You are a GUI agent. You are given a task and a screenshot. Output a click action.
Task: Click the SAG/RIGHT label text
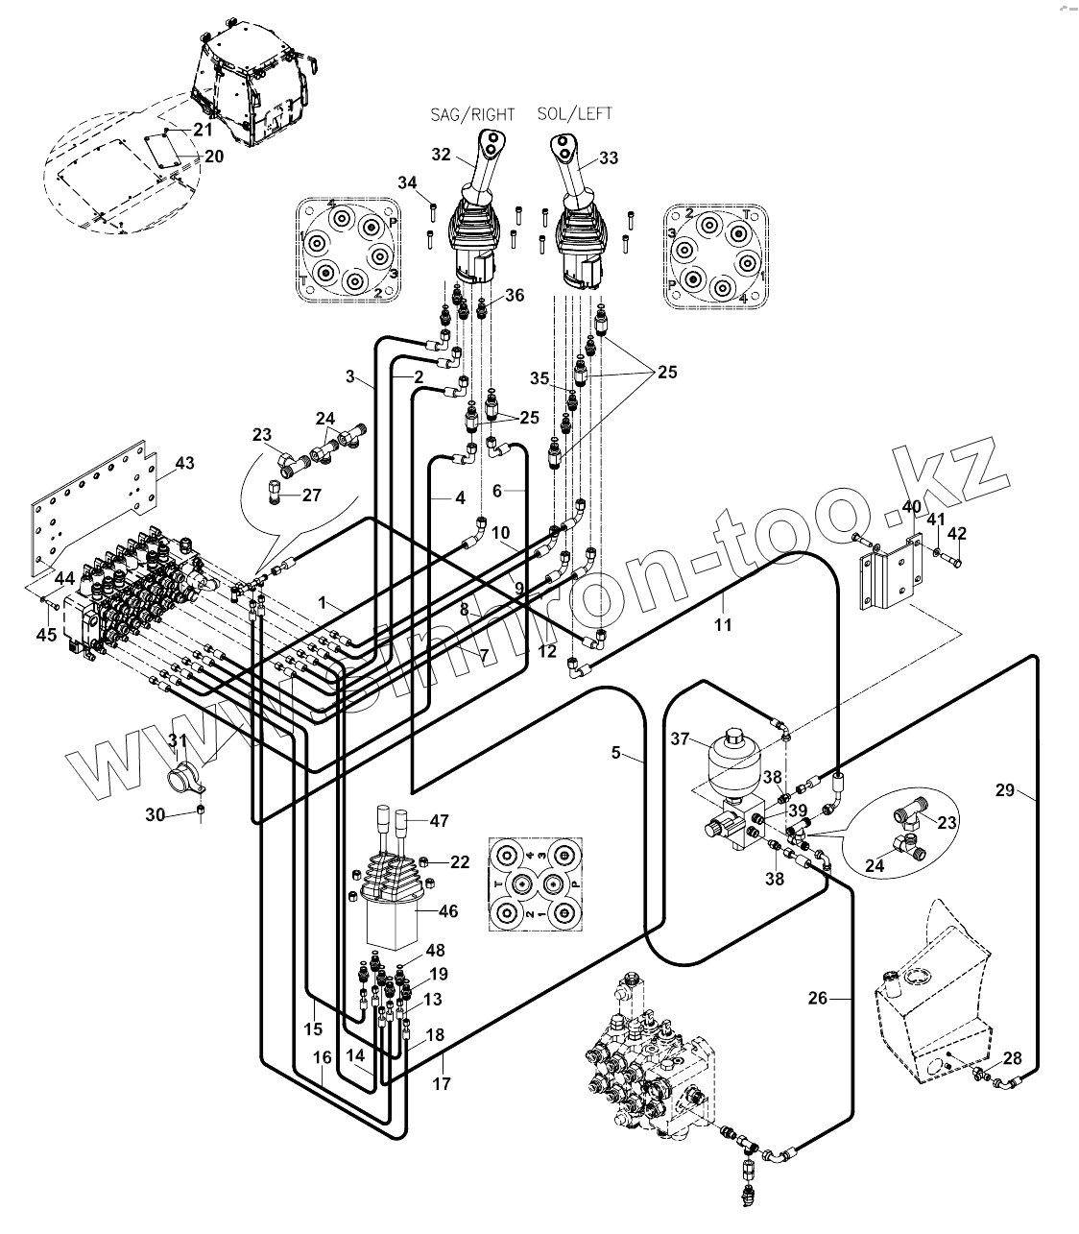[471, 114]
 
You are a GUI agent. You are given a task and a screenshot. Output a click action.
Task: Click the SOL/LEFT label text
[575, 113]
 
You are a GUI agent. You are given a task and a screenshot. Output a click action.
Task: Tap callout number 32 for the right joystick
[441, 155]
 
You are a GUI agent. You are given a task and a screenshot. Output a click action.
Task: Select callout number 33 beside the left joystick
[609, 158]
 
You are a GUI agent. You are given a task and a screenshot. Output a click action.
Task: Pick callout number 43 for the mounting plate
[183, 464]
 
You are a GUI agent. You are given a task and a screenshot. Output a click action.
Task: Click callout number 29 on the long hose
[1004, 790]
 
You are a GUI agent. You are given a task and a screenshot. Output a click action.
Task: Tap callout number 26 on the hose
[817, 999]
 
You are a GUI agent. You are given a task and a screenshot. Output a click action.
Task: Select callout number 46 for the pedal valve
[447, 911]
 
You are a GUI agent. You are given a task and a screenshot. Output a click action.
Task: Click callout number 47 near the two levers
[439, 821]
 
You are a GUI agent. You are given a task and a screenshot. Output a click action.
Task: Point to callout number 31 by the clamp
[179, 740]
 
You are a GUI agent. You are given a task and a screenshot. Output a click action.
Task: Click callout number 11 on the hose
[723, 625]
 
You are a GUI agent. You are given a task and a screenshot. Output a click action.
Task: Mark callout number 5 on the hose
[616, 753]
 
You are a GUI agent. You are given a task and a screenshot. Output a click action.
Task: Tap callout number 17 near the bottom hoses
[441, 1084]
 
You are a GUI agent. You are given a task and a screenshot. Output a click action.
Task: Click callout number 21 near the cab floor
[204, 129]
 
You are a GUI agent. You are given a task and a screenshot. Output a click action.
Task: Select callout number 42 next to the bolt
[957, 534]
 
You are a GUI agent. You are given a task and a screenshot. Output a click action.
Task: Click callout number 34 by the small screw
[408, 182]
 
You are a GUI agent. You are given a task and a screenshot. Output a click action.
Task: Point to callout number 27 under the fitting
[312, 496]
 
